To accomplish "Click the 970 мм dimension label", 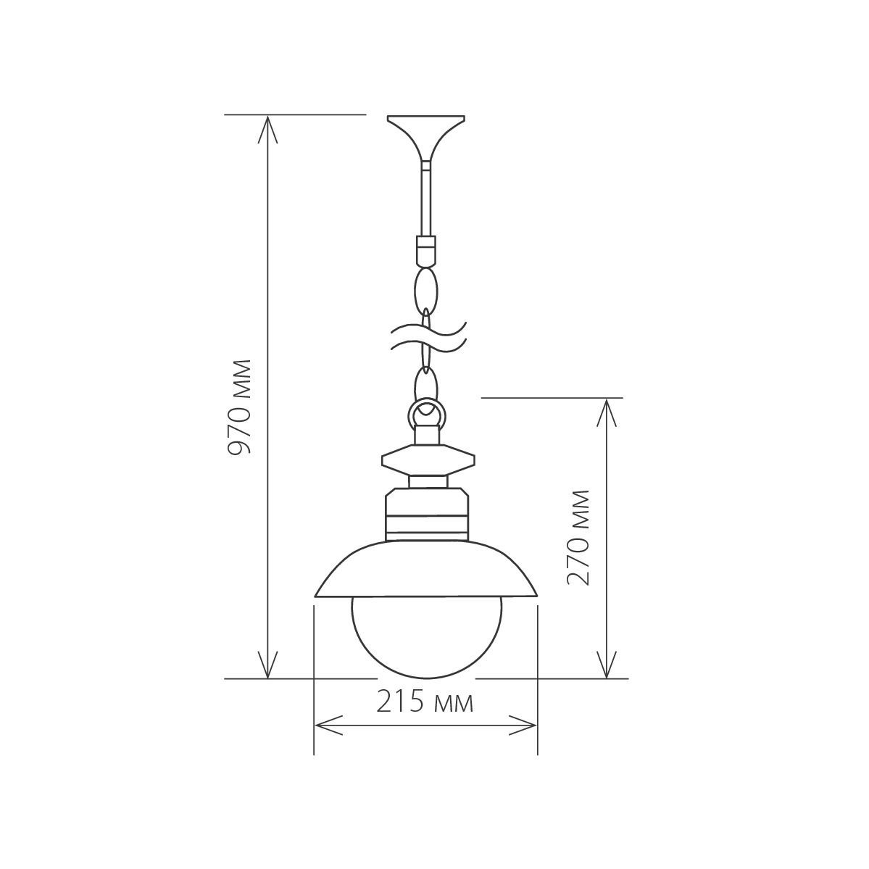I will click(238, 407).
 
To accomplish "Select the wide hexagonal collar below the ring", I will click(428, 460).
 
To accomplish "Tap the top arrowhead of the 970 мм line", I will click(268, 127).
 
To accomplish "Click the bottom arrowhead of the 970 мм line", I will click(268, 667).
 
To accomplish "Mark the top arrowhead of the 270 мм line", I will click(606, 409).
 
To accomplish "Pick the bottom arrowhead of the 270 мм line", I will click(606, 667).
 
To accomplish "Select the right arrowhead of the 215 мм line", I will click(526, 724).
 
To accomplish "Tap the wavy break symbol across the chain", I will click(428, 337).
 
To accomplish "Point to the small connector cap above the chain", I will click(425, 250).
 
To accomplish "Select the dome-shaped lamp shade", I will click(426, 569).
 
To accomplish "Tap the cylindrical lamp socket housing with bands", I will click(426, 515).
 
